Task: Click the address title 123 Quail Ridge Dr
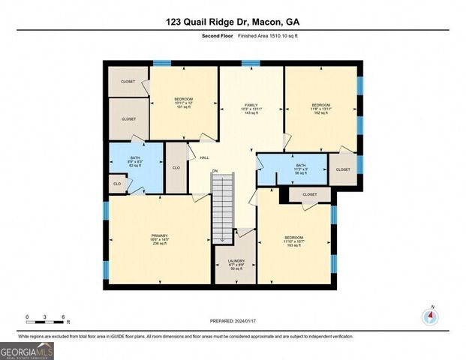click(x=232, y=22)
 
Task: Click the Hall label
click(x=204, y=157)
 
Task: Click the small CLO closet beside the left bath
click(x=117, y=184)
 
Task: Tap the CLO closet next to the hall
click(x=176, y=168)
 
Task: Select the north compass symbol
click(x=430, y=316)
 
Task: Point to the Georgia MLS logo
click(x=27, y=350)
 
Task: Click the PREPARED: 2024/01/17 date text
click(x=232, y=321)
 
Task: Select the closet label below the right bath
click(x=309, y=195)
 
